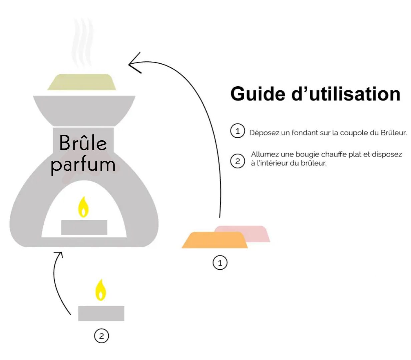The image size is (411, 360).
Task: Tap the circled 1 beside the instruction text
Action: (238, 131)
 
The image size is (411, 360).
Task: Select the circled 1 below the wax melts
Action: (220, 263)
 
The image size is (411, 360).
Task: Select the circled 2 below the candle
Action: (101, 336)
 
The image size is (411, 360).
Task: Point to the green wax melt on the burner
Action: (82, 82)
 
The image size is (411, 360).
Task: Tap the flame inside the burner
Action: (83, 207)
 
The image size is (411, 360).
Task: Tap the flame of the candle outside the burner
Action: (100, 290)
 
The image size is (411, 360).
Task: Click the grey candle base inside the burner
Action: (84, 227)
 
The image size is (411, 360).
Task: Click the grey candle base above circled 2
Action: (101, 313)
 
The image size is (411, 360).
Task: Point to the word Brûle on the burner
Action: (83, 143)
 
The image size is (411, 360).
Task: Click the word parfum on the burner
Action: (83, 165)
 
